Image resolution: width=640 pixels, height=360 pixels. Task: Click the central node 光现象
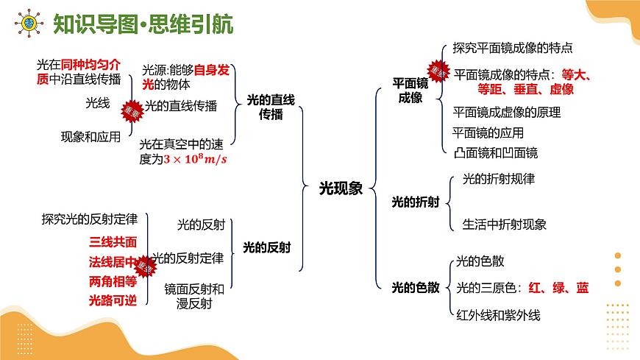341,188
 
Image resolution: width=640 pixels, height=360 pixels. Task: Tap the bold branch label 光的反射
266,247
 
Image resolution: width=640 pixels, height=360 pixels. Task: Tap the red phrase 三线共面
113,241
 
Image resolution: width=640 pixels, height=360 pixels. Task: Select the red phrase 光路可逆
113,300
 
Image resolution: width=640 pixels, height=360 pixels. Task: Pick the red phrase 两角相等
113,281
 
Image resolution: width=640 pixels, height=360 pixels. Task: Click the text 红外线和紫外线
499,315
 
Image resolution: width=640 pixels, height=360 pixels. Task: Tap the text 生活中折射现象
505,224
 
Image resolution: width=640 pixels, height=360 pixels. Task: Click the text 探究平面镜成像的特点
513,49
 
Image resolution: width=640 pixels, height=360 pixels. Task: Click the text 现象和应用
90,136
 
